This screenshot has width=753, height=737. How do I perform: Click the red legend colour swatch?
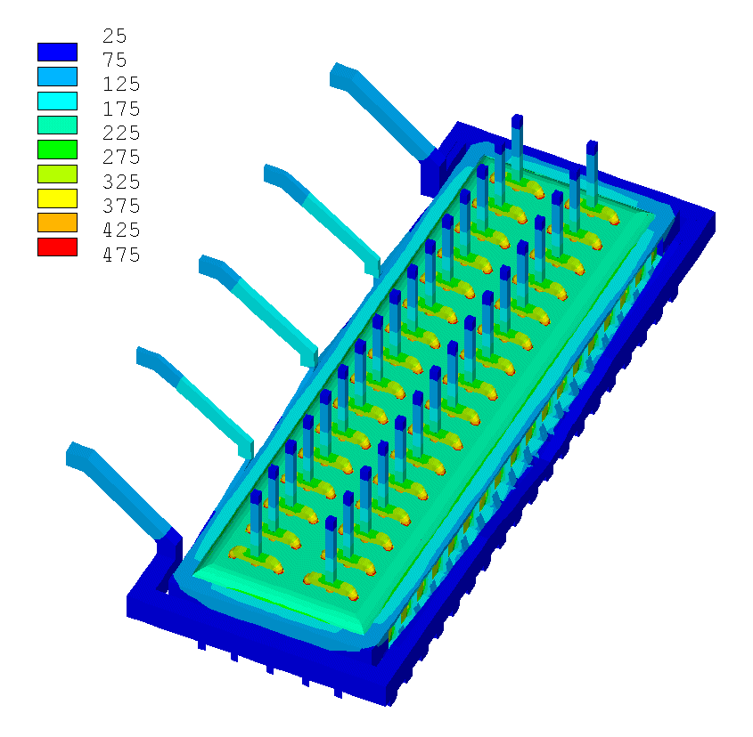point(57,247)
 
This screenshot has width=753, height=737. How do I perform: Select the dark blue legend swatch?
point(57,52)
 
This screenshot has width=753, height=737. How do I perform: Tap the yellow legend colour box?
point(57,198)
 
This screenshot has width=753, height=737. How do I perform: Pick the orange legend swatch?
point(57,223)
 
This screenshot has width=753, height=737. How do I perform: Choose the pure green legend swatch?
point(57,150)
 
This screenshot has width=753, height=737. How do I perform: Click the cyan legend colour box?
point(57,101)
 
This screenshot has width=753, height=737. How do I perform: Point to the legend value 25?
point(115,36)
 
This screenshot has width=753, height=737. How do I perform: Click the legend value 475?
point(121,255)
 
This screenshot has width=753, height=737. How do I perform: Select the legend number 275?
point(121,157)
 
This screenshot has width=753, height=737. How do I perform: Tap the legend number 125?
point(121,84)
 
